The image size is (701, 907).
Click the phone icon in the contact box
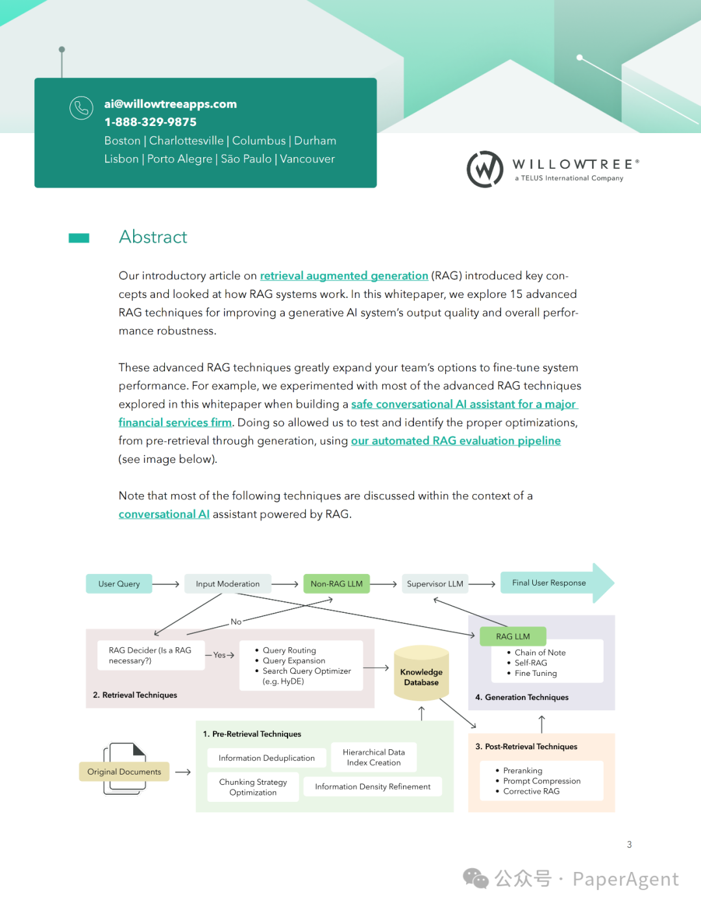81,108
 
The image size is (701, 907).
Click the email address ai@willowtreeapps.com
170,104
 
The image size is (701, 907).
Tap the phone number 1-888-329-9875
150,122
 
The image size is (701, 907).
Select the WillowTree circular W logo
485,169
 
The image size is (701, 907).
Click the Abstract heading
153,237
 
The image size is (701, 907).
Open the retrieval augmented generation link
344,276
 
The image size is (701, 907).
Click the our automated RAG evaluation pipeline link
456,441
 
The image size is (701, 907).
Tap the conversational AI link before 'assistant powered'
164,514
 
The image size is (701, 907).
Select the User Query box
119,584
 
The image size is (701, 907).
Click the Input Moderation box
227,584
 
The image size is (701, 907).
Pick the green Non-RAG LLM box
336,584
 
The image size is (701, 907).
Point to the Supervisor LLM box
435,584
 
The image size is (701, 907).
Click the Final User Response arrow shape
552,583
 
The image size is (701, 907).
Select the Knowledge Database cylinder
421,675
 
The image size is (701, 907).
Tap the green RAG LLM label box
513,636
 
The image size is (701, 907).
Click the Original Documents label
124,772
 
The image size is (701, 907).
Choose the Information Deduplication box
266,758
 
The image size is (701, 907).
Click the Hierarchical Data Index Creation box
373,757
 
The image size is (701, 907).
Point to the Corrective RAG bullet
531,791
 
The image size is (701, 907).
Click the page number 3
629,845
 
